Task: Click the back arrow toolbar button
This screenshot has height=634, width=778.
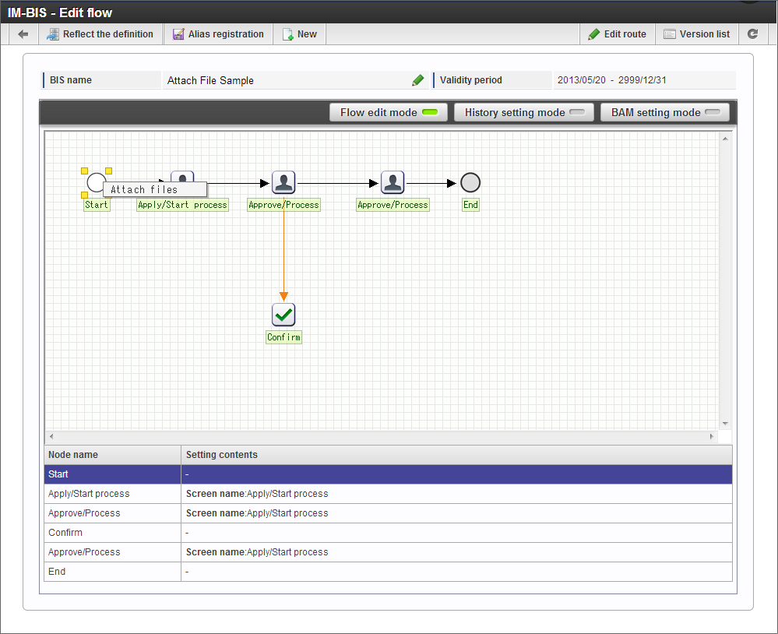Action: click(x=23, y=34)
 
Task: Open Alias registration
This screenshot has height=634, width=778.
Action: click(x=218, y=34)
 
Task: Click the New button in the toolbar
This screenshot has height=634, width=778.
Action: click(x=300, y=34)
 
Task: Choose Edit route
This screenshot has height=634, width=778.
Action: click(x=618, y=34)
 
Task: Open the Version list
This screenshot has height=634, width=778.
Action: click(x=697, y=34)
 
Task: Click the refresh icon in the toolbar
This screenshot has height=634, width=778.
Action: click(x=753, y=34)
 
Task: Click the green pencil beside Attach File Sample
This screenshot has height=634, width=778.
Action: click(x=417, y=80)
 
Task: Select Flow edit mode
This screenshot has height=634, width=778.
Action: click(x=389, y=113)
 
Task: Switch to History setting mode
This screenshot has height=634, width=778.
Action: click(x=524, y=113)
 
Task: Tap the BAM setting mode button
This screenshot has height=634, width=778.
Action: click(x=665, y=113)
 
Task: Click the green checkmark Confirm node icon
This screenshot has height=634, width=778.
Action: click(x=283, y=315)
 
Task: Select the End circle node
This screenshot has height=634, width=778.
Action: click(x=470, y=182)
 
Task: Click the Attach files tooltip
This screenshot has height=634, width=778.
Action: click(x=155, y=189)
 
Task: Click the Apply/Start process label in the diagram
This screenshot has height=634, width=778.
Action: click(x=182, y=205)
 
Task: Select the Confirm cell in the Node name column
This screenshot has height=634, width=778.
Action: click(x=65, y=532)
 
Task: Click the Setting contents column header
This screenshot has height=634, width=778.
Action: click(x=222, y=455)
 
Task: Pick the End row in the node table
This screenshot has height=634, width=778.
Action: click(x=388, y=572)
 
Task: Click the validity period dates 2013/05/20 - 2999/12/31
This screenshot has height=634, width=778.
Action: click(x=612, y=80)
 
